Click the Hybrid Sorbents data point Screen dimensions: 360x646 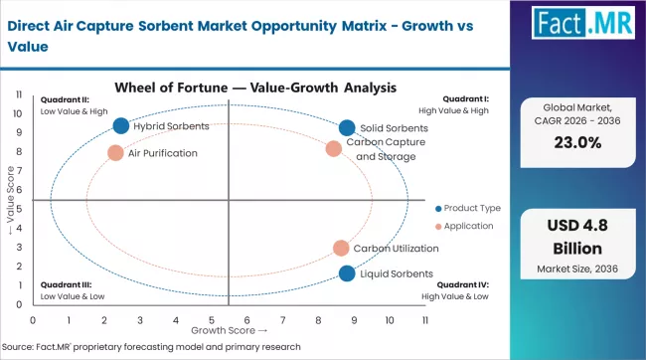(121, 126)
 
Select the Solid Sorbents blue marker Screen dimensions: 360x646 (346, 128)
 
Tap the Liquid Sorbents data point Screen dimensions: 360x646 (346, 273)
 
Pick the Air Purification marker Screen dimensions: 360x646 (115, 153)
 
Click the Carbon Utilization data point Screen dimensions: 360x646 (341, 249)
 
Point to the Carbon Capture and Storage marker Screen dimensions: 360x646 (334, 149)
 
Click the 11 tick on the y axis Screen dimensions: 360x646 (21, 93)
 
